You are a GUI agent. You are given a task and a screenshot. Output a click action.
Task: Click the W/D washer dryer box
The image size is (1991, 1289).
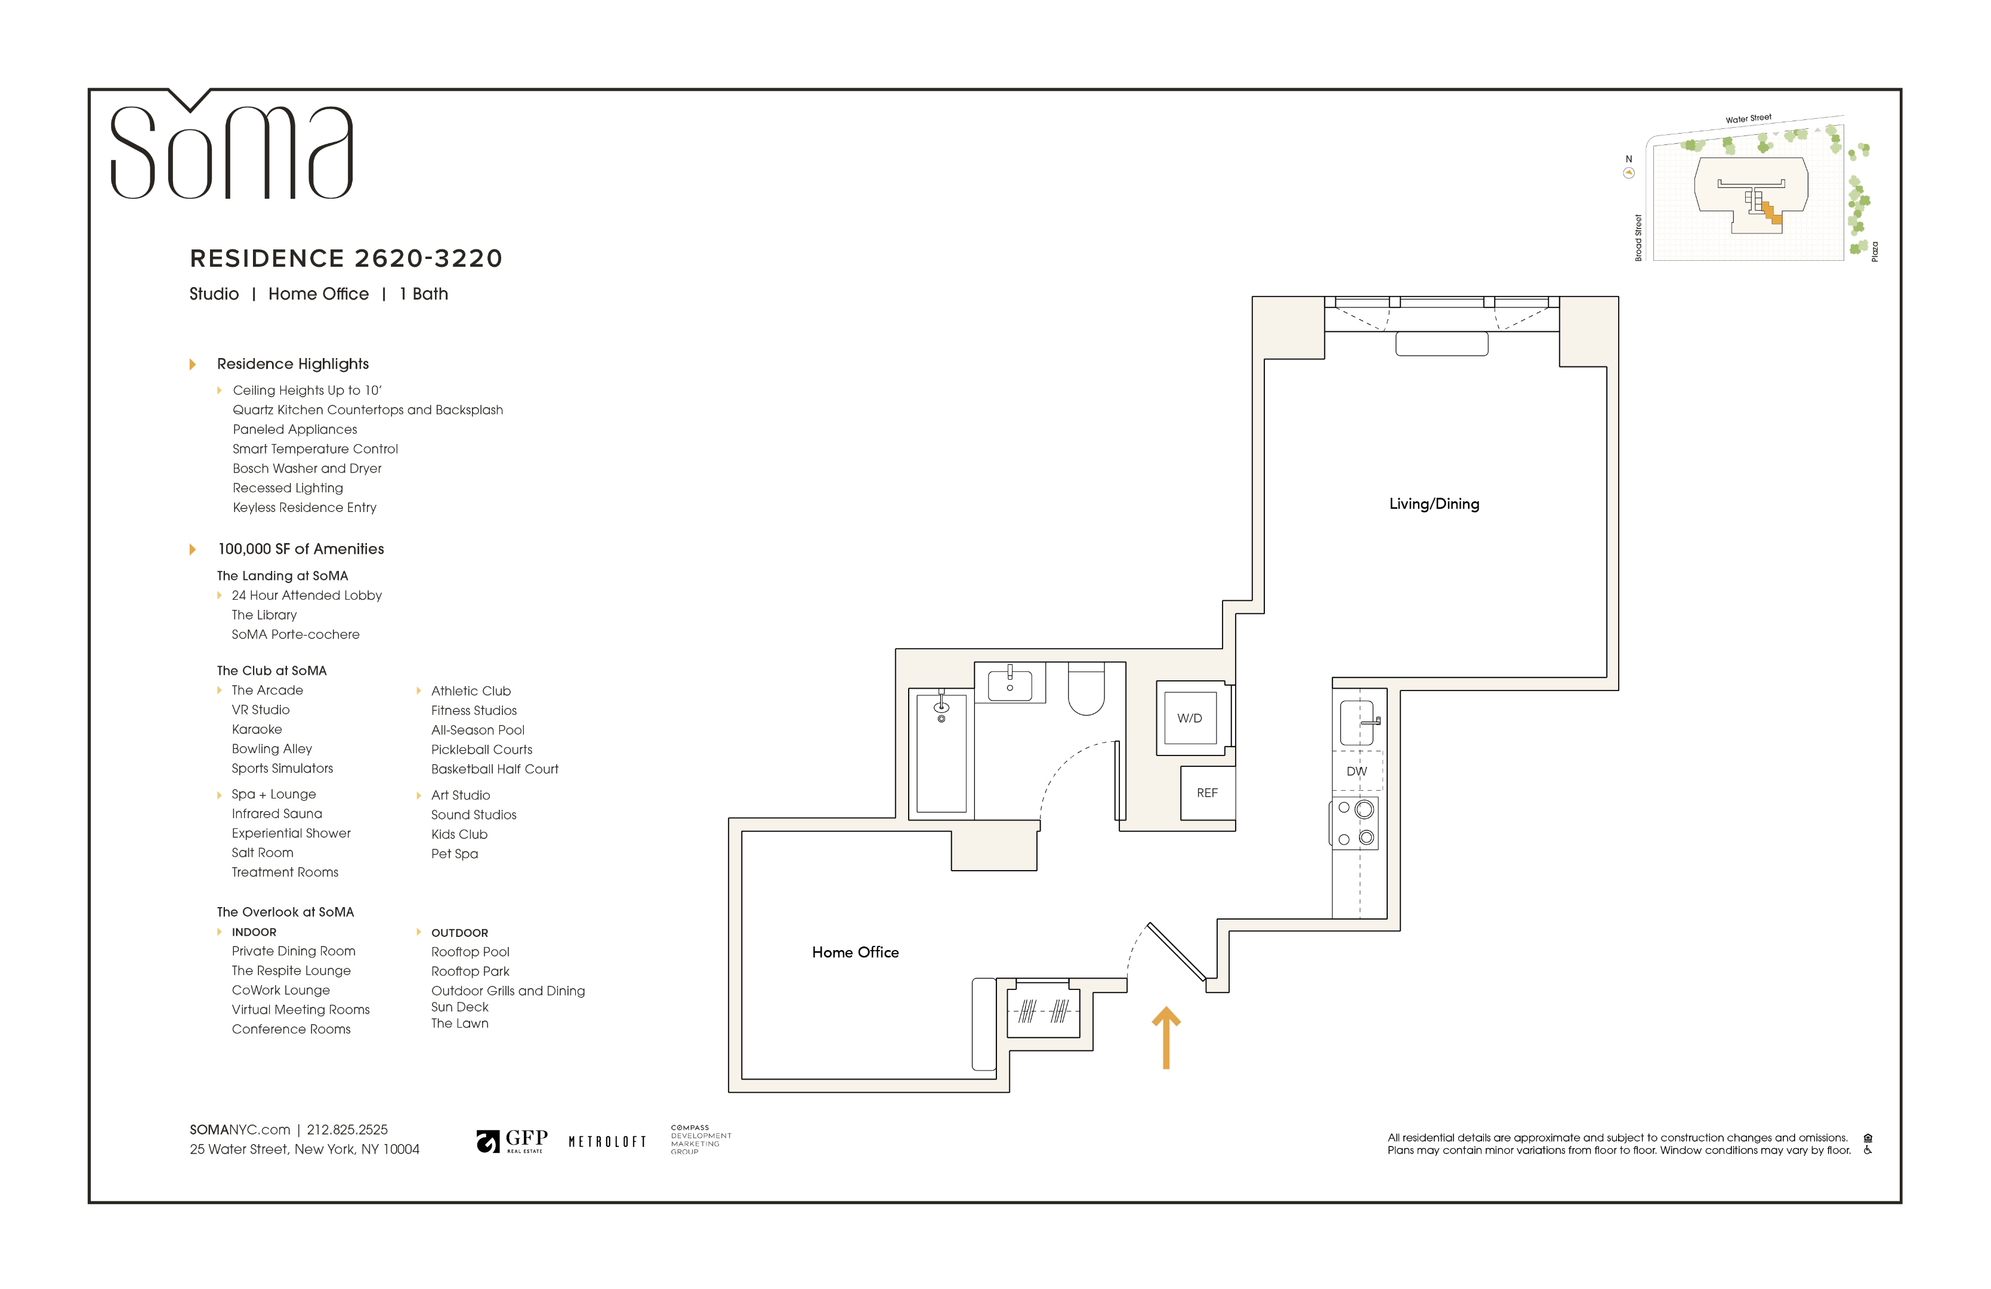[x=1190, y=718]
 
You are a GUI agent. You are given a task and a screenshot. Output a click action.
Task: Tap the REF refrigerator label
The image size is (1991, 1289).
[x=1207, y=792]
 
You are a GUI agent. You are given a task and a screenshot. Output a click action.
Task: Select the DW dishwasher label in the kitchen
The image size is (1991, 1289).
[x=1356, y=771]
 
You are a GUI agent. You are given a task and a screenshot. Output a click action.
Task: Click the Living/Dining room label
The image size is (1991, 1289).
[x=1434, y=504]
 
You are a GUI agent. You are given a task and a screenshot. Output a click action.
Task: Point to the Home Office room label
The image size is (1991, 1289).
[x=855, y=952]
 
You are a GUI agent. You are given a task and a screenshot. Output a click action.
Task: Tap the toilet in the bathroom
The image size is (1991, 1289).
[x=1086, y=689]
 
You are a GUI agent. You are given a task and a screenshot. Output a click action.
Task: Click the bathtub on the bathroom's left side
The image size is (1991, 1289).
[x=941, y=753]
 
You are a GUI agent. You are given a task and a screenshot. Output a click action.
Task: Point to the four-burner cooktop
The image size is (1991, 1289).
[x=1355, y=823]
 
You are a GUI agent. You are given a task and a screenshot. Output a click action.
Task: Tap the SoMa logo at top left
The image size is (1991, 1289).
[x=231, y=150]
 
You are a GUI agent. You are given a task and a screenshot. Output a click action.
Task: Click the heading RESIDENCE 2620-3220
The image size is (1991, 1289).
[x=345, y=258]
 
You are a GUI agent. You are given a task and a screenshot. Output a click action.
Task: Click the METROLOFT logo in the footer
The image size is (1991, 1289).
[x=607, y=1142]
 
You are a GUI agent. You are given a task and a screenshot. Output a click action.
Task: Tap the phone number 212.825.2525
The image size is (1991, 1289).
[x=347, y=1129]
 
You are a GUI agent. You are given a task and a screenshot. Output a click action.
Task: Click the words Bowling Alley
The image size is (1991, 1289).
[x=272, y=749]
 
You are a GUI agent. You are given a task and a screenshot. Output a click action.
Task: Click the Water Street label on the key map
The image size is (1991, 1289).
[x=1748, y=119]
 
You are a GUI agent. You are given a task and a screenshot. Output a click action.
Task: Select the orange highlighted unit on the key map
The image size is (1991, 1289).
[x=1772, y=215]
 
